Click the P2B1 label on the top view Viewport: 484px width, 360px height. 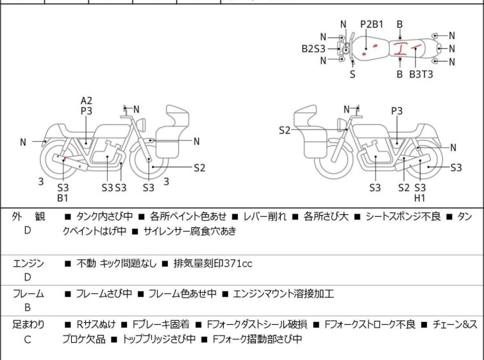pyautogui.click(x=371, y=24)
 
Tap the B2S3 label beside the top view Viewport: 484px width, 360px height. pyautogui.click(x=313, y=48)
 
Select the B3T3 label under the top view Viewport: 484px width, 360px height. pyautogui.click(x=421, y=74)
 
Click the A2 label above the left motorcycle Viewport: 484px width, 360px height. pyautogui.click(x=87, y=100)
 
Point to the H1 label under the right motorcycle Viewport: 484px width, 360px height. pyautogui.click(x=420, y=198)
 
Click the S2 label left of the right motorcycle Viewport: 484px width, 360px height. pyautogui.click(x=285, y=130)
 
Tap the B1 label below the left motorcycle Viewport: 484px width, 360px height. pyautogui.click(x=63, y=198)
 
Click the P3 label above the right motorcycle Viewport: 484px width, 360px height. pyautogui.click(x=397, y=111)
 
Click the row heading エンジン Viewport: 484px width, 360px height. pyautogui.click(x=28, y=262)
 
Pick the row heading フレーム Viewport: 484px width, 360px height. pyautogui.click(x=28, y=294)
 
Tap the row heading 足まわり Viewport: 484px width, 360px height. pyautogui.click(x=28, y=324)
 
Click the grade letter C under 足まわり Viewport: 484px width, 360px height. pyautogui.click(x=28, y=339)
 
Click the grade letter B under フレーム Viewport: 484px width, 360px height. pyautogui.click(x=28, y=309)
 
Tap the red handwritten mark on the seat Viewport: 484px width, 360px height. pyautogui.click(x=401, y=48)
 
